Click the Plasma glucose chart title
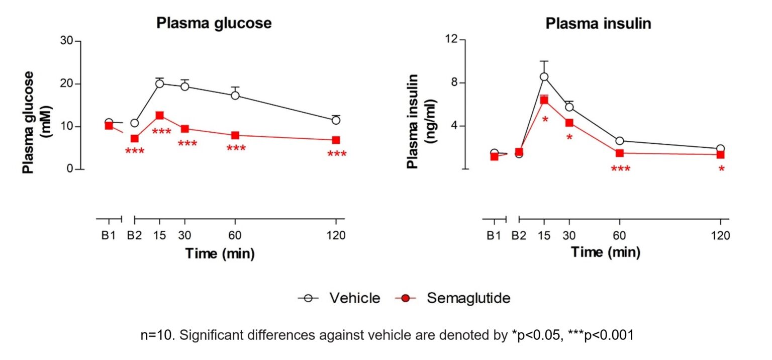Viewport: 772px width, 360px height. [x=214, y=23]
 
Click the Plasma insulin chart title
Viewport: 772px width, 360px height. [x=599, y=23]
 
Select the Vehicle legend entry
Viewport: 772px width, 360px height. [x=354, y=298]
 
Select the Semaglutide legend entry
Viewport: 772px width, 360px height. [x=468, y=298]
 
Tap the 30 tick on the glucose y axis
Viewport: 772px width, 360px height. [x=66, y=41]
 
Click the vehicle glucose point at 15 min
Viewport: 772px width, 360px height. [x=160, y=83]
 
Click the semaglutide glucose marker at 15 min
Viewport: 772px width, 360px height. [x=160, y=116]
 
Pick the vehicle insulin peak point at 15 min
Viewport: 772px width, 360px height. [x=544, y=77]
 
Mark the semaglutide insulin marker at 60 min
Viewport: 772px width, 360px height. [x=620, y=153]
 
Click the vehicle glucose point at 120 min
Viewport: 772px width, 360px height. [x=336, y=120]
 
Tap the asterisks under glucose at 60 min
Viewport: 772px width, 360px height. [x=236, y=149]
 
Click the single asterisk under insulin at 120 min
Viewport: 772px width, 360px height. [x=721, y=170]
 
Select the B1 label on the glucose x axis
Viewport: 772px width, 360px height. [x=109, y=235]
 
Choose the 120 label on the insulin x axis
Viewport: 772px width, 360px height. [x=720, y=235]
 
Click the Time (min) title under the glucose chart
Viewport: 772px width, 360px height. [x=220, y=254]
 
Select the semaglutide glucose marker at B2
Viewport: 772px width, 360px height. [x=134, y=139]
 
